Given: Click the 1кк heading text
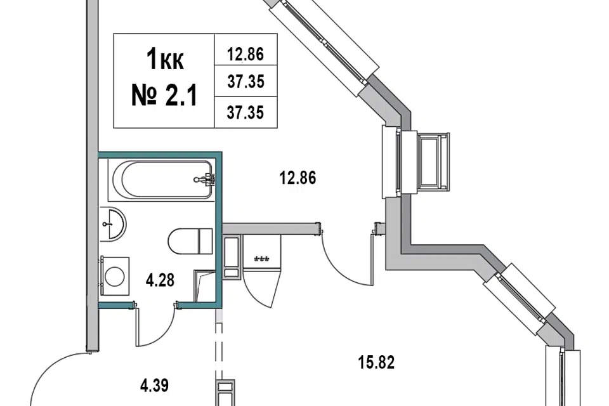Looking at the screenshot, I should point(166,61).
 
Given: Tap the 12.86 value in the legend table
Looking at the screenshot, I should point(245,54).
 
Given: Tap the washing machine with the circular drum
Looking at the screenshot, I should point(115,276).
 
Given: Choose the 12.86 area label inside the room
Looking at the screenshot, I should point(298,178).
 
